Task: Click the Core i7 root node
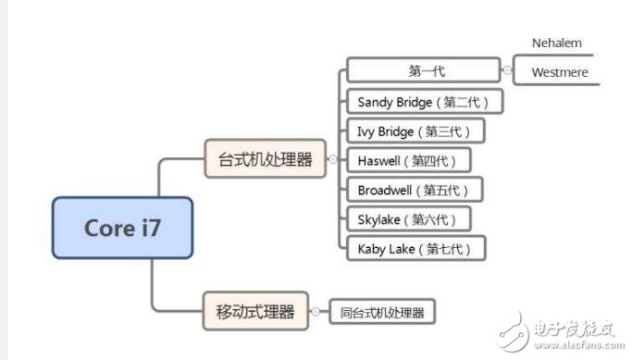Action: pos(122,227)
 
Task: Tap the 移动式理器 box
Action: pos(254,310)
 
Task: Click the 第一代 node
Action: pos(426,71)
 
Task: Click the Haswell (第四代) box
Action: pos(407,160)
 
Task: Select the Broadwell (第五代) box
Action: pos(414,190)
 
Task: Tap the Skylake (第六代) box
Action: pos(407,218)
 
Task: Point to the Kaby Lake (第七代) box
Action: pos(415,248)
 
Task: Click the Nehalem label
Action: pos(556,43)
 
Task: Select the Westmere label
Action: pos(560,72)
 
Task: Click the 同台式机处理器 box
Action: pos(381,313)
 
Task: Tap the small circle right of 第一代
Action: pos(507,70)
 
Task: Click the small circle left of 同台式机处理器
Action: pos(316,312)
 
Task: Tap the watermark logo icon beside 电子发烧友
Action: pos(512,330)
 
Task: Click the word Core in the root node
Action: pos(104,227)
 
